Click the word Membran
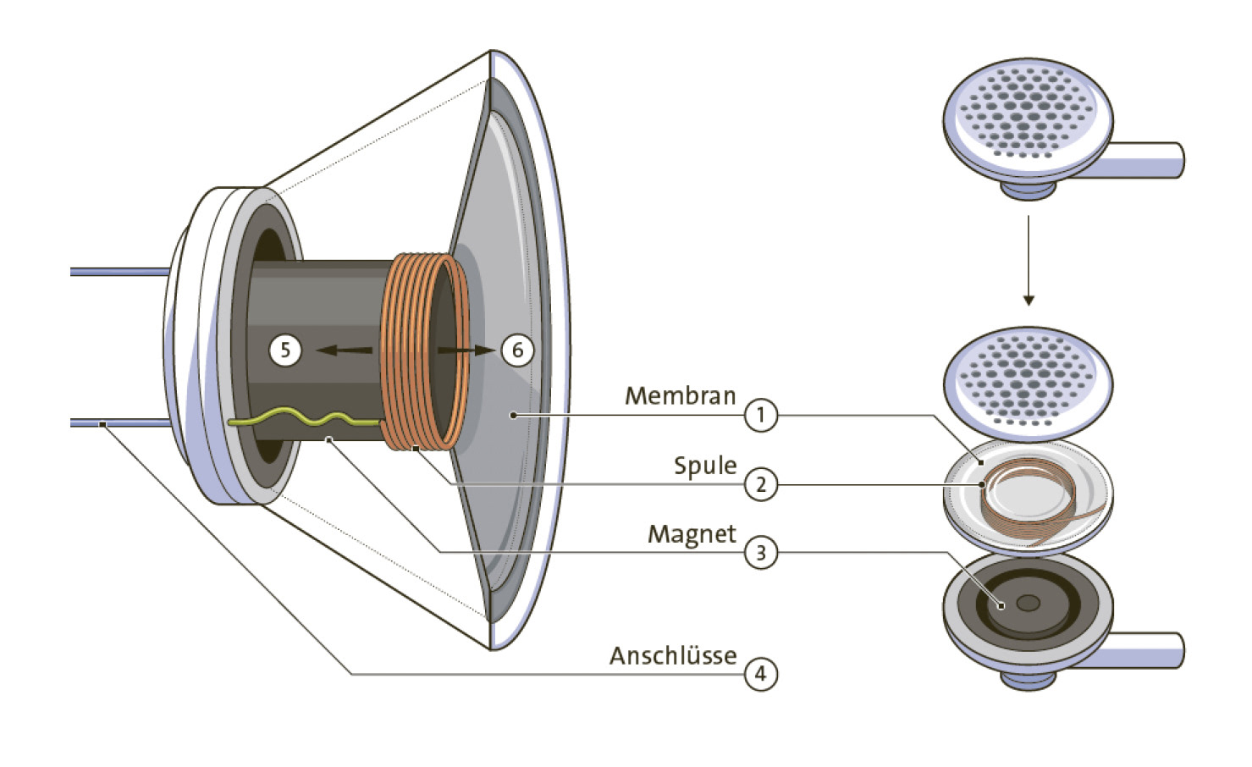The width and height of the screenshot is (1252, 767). coord(680,396)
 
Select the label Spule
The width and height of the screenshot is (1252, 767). coord(704,466)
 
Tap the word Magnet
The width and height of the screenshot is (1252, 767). coord(691,534)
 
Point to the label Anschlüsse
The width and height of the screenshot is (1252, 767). coord(673,655)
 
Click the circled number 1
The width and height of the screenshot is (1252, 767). coord(760,416)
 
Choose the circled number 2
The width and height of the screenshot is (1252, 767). coord(760,485)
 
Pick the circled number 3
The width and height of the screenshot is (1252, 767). coord(760,553)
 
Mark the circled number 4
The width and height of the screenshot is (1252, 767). coord(760,674)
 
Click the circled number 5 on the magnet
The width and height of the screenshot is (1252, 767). coord(285,350)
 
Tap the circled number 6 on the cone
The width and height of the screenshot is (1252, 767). coord(517,350)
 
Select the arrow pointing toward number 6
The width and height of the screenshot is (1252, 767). coord(466,350)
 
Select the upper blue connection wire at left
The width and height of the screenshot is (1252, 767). coord(119,272)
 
